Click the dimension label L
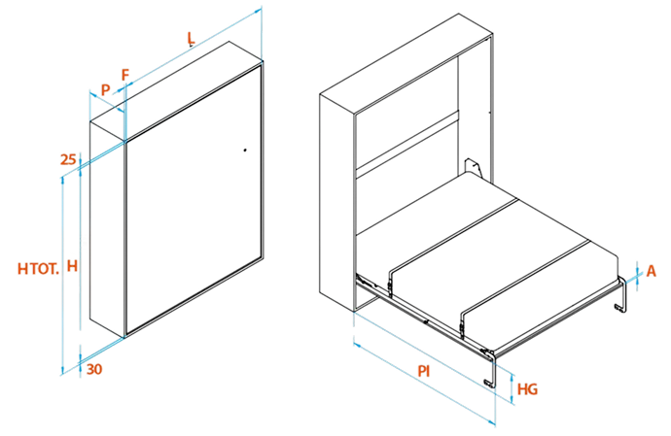click(191, 38)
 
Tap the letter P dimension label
click(105, 89)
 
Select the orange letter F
click(124, 75)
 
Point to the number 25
click(68, 159)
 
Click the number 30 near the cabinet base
click(94, 369)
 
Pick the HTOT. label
click(38, 269)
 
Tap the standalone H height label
click(72, 266)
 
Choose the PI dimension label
click(424, 371)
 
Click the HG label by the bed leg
click(527, 389)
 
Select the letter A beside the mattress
click(651, 271)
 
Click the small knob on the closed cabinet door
click(245, 151)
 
